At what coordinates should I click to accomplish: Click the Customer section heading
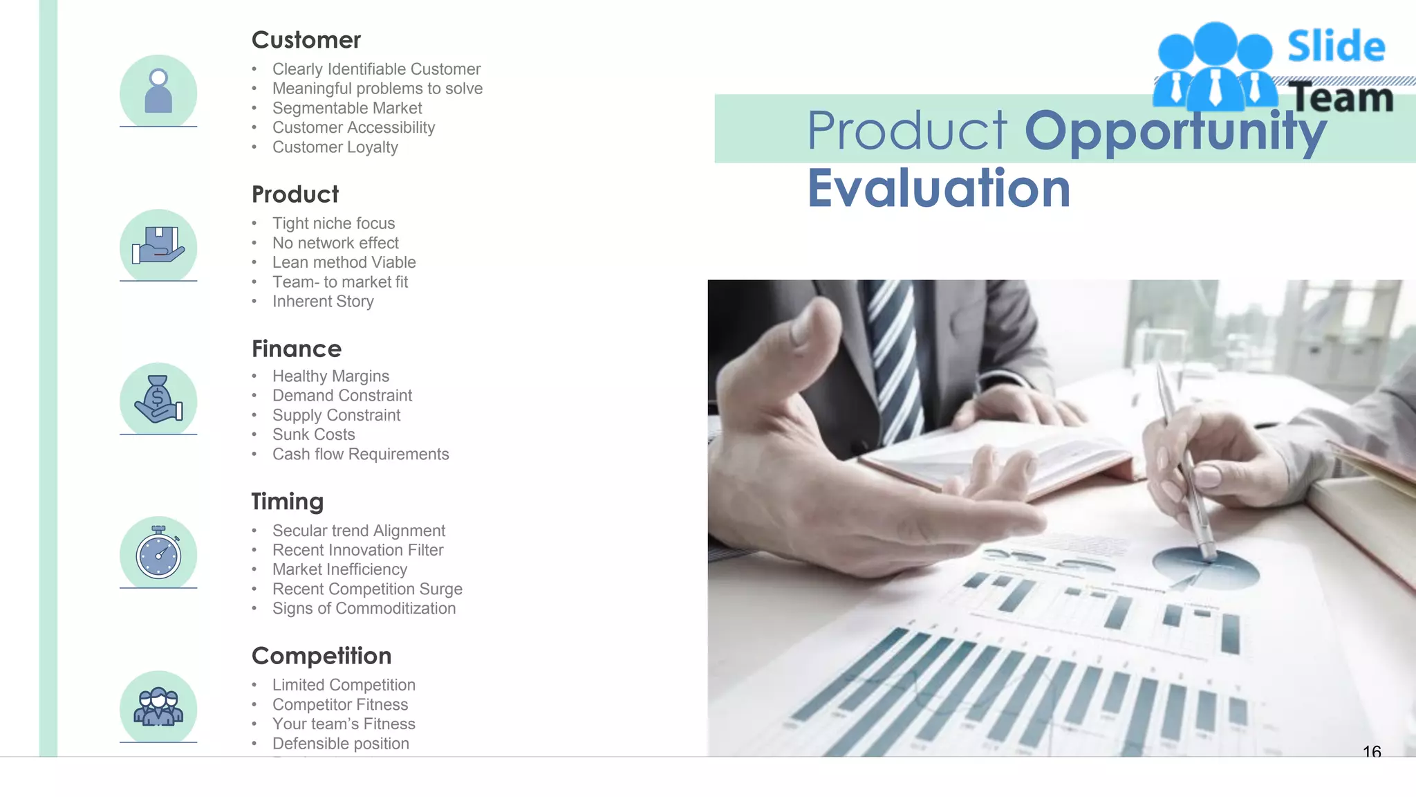point(306,40)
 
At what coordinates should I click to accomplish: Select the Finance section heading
point(296,349)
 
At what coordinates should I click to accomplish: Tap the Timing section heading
point(287,502)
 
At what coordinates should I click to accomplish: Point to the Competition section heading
point(321,656)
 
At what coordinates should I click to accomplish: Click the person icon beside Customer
point(158,91)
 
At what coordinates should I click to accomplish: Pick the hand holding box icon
point(158,246)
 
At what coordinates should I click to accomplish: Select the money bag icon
point(158,400)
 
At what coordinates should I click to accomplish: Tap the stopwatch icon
point(158,553)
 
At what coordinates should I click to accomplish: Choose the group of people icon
point(158,707)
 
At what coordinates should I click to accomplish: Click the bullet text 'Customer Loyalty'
point(335,147)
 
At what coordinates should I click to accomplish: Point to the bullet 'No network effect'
point(335,243)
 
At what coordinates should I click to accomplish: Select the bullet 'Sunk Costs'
point(313,434)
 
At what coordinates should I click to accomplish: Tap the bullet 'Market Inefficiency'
point(339,569)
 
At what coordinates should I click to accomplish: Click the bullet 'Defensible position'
point(340,744)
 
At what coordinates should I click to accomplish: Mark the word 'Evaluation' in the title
point(938,188)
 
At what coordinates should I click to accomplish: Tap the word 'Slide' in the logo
point(1336,47)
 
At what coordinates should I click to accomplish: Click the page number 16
point(1372,751)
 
